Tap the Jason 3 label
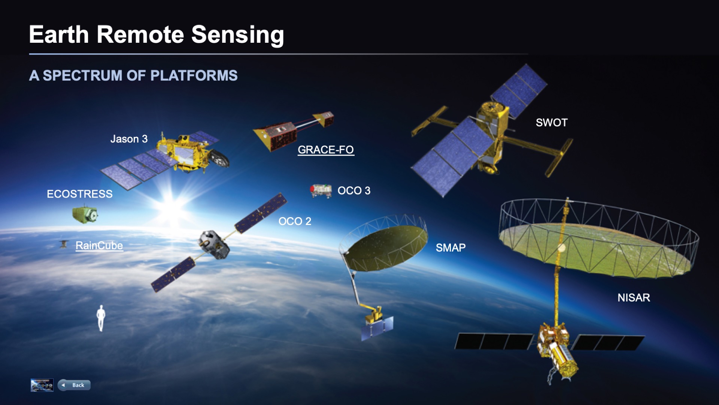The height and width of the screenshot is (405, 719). coord(129,139)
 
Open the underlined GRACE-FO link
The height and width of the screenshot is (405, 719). coord(325,150)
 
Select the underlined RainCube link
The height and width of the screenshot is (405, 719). coord(99,246)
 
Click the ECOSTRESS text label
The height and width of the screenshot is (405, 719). coord(79,194)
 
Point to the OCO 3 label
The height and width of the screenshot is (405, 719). coord(354,190)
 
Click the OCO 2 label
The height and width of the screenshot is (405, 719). coord(295,221)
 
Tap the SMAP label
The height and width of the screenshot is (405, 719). coord(450,247)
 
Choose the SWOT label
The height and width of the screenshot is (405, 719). coord(551,123)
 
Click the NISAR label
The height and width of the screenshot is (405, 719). coord(634,298)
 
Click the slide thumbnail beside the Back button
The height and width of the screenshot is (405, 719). coord(42,385)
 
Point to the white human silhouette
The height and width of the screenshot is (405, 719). coord(101,318)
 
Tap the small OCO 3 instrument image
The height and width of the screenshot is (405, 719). coord(321,190)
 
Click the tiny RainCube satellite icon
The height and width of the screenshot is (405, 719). coord(64,244)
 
